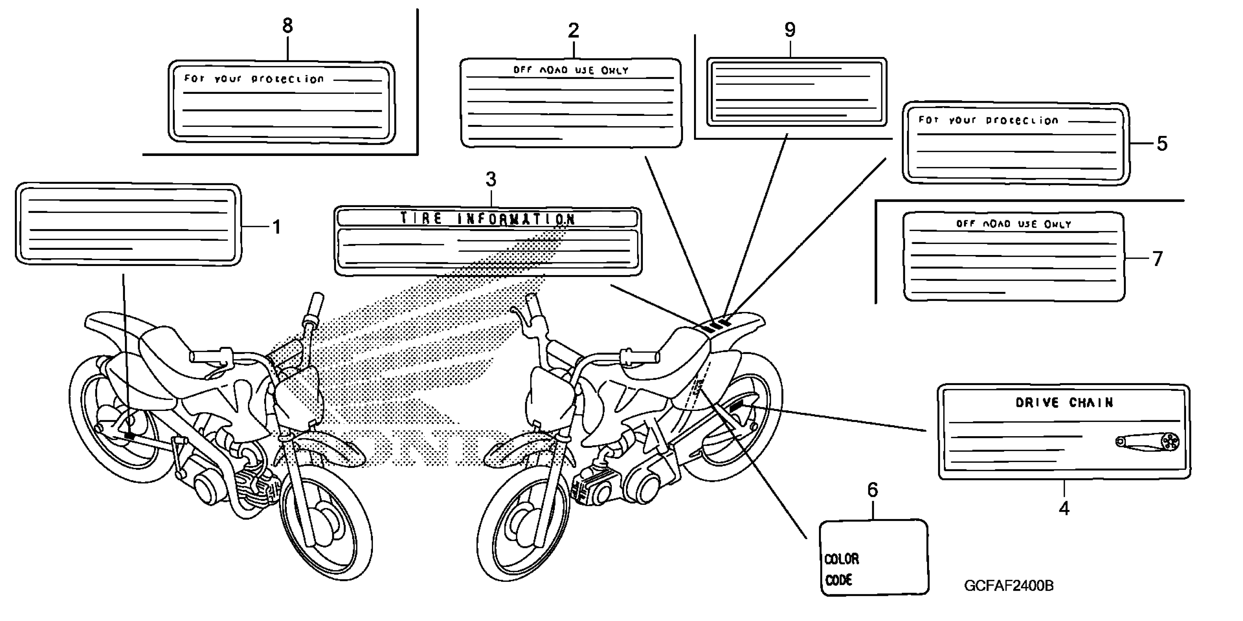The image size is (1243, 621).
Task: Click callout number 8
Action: point(287,26)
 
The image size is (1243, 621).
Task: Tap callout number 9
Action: point(790,30)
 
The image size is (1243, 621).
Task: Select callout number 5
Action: point(1162,144)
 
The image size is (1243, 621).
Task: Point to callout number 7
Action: point(1158,259)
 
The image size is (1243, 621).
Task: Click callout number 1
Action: point(277,227)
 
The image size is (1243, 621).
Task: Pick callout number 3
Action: point(491,179)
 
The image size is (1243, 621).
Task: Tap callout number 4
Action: point(1064,508)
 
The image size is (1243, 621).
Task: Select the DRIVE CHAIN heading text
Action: point(1064,403)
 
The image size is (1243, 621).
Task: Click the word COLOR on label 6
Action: point(842,559)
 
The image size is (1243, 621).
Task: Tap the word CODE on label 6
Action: point(839,580)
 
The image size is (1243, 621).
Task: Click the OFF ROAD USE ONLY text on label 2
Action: point(571,71)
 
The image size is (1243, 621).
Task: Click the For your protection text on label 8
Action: point(254,79)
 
